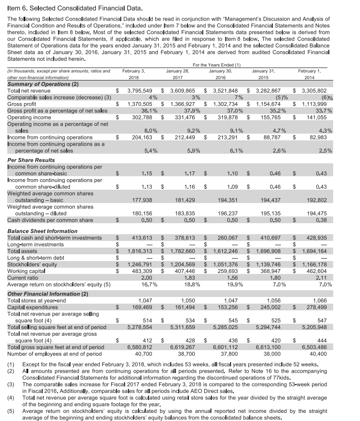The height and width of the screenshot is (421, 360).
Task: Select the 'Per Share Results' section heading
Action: click(34, 159)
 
